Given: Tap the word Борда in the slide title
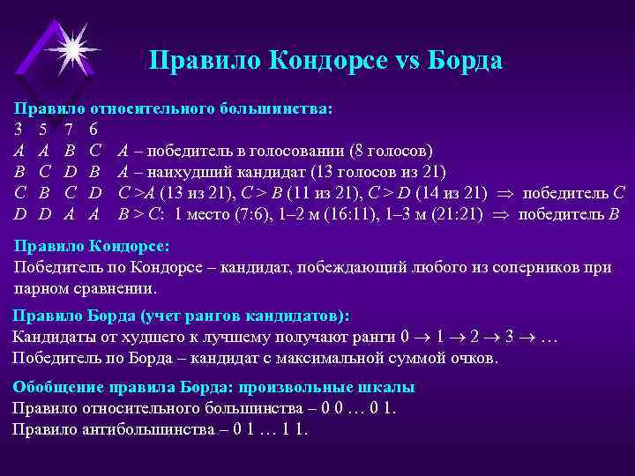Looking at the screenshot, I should pos(458,61).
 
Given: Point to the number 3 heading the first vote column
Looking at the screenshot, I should pos(18,130).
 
